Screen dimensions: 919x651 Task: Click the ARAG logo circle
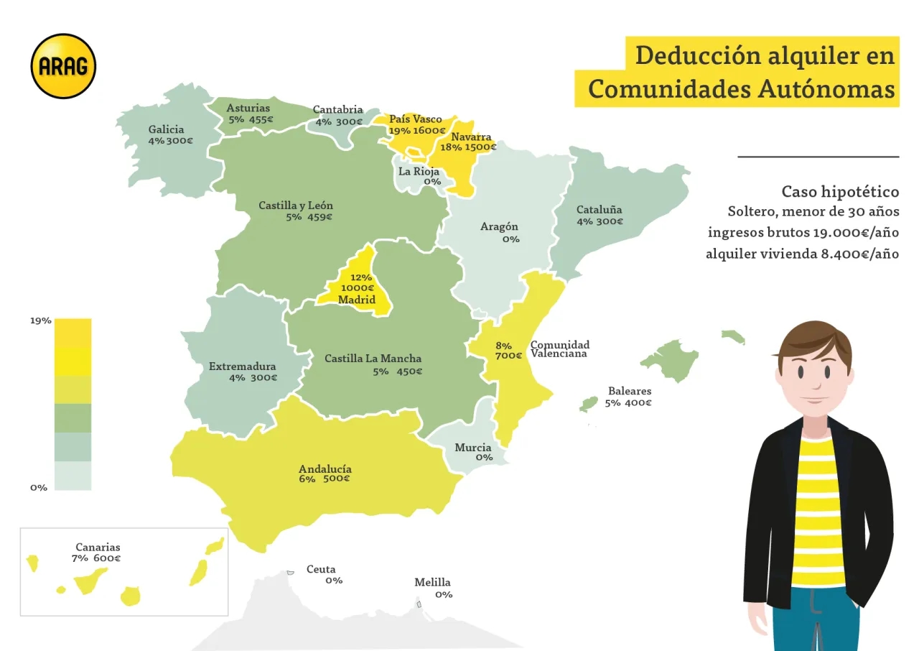(63, 66)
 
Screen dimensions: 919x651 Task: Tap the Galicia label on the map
(166, 129)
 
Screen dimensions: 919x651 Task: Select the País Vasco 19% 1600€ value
(416, 130)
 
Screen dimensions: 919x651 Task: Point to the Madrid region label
(357, 299)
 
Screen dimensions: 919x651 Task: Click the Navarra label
(471, 137)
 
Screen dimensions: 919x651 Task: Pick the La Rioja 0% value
(432, 182)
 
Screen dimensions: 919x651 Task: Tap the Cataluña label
(599, 210)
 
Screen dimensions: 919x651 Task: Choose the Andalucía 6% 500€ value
(325, 479)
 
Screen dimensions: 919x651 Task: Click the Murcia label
(473, 448)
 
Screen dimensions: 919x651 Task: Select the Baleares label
(630, 391)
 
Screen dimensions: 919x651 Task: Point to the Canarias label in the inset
(98, 547)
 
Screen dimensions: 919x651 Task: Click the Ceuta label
(321, 569)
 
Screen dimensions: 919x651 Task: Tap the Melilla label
(432, 582)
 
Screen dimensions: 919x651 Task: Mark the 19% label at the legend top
(41, 320)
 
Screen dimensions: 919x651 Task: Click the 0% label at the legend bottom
(39, 487)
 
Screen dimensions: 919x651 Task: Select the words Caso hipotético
(840, 192)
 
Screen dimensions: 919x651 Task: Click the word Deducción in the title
(687, 55)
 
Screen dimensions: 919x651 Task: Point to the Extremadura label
(242, 366)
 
